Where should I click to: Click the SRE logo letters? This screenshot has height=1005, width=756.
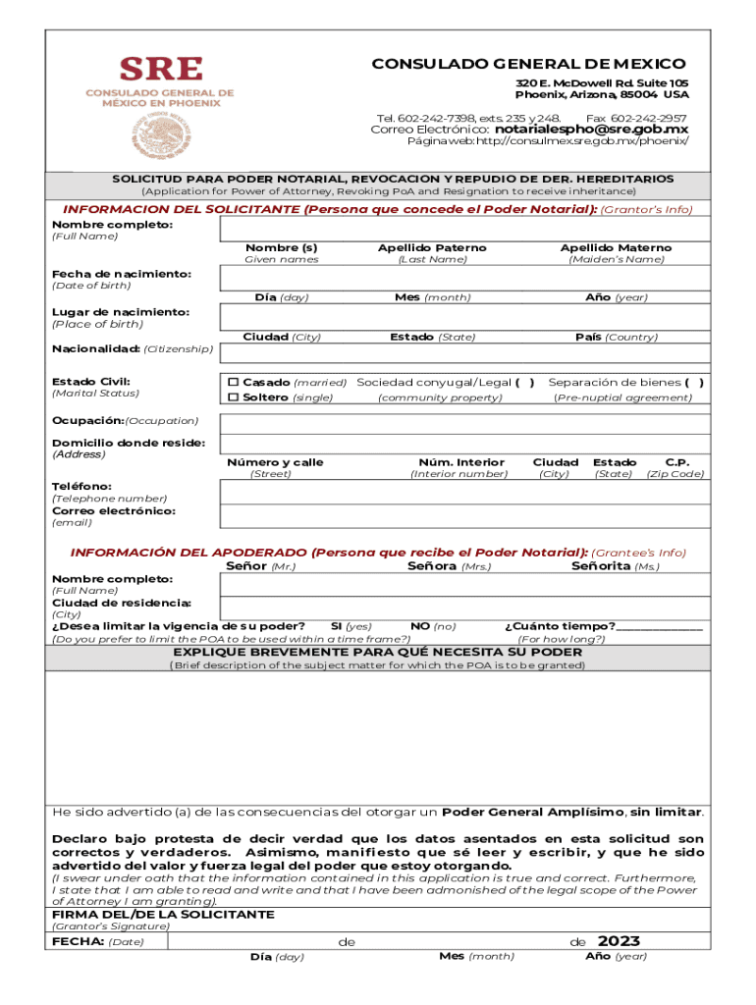pyautogui.click(x=161, y=69)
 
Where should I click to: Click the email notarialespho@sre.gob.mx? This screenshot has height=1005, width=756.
pyautogui.click(x=591, y=129)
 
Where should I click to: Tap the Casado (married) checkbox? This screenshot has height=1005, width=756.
pyautogui.click(x=234, y=382)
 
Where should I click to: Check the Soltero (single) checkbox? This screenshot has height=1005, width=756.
pyautogui.click(x=234, y=397)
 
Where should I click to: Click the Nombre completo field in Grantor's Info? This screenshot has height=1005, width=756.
pyautogui.click(x=465, y=228)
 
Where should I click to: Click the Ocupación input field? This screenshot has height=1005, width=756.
pyautogui.click(x=465, y=421)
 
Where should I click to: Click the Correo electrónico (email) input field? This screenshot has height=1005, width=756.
pyautogui.click(x=465, y=516)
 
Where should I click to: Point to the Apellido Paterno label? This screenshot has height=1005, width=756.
pyautogui.click(x=432, y=247)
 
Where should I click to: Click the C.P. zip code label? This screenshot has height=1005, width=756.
pyautogui.click(x=675, y=461)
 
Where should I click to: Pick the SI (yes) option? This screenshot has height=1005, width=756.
pyautogui.click(x=351, y=625)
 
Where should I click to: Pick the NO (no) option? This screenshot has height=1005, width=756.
pyautogui.click(x=433, y=625)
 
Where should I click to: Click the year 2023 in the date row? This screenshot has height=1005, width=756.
pyautogui.click(x=619, y=941)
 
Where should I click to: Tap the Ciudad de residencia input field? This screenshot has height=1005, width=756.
pyautogui.click(x=465, y=608)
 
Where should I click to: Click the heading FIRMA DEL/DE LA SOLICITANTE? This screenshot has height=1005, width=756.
pyautogui.click(x=163, y=914)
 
